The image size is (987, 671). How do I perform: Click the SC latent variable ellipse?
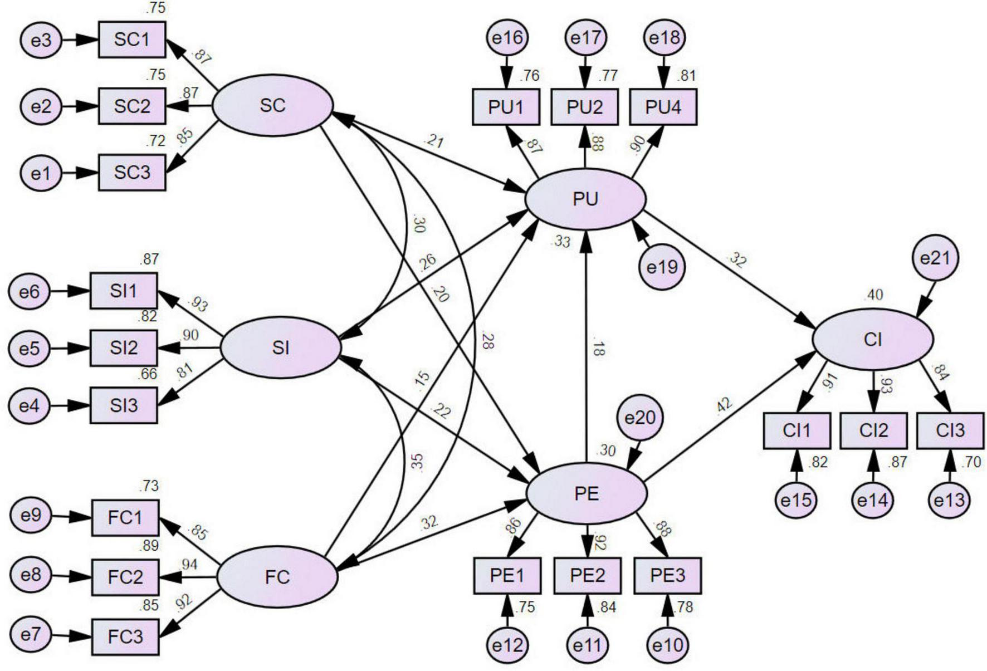click(x=272, y=105)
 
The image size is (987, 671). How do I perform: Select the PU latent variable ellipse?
click(x=585, y=199)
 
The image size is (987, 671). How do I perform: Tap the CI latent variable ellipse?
click(x=872, y=339)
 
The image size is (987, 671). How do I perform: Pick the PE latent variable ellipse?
click(x=587, y=493)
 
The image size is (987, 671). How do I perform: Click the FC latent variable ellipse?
click(x=277, y=577)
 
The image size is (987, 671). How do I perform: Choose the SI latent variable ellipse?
click(x=280, y=348)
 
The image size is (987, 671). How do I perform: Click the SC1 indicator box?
click(x=132, y=40)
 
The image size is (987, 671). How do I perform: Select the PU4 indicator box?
click(x=663, y=107)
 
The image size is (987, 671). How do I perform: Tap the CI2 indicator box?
click(x=873, y=430)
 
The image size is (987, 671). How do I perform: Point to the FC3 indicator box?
click(x=125, y=636)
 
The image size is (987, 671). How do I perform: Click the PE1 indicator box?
click(x=507, y=575)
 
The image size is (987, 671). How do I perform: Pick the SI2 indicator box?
click(x=124, y=348)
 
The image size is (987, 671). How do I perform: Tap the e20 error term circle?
click(x=640, y=418)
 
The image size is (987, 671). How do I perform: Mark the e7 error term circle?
click(x=31, y=634)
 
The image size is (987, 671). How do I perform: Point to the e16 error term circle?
click(x=507, y=37)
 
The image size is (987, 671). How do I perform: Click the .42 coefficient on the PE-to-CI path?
click(x=724, y=405)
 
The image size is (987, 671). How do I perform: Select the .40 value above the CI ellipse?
click(x=873, y=295)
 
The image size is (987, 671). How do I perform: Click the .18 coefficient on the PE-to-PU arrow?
click(x=598, y=349)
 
